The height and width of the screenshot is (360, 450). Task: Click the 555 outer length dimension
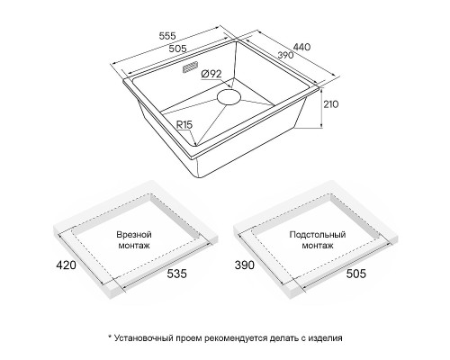(167, 36)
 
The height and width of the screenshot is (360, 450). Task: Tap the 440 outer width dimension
(301, 47)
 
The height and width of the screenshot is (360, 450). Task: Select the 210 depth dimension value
(331, 104)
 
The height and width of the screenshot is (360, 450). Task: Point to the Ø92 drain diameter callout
(211, 74)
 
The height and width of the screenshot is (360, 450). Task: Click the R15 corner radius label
(184, 124)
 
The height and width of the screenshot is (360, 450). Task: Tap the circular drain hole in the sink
(229, 96)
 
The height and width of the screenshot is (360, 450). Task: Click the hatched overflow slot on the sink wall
(190, 67)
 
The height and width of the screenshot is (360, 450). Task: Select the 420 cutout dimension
(67, 265)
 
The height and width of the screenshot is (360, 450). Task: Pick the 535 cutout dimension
(176, 274)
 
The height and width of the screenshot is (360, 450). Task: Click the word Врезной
(134, 234)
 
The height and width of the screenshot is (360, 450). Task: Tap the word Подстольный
(318, 234)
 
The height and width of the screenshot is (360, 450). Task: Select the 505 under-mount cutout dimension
(356, 274)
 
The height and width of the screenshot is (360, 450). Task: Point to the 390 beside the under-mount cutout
(245, 265)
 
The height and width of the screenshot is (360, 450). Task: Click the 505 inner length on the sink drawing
(177, 48)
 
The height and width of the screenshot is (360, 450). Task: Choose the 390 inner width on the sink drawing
(285, 55)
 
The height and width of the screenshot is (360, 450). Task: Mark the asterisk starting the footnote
(110, 337)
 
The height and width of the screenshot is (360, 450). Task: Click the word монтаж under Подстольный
(318, 246)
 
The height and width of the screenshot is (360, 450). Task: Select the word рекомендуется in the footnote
(236, 338)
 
